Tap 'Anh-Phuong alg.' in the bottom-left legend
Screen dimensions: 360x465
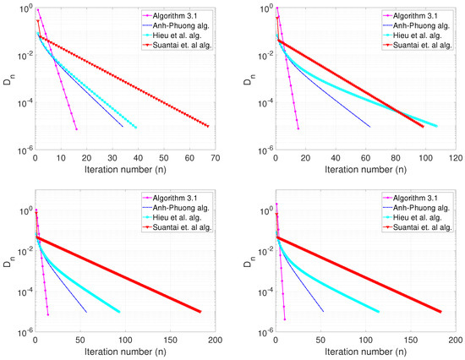tap(176, 210)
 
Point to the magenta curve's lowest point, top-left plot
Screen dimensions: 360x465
tap(76, 129)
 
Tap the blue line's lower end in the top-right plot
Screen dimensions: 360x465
tap(370, 127)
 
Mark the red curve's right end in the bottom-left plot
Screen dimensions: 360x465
tap(200, 312)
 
